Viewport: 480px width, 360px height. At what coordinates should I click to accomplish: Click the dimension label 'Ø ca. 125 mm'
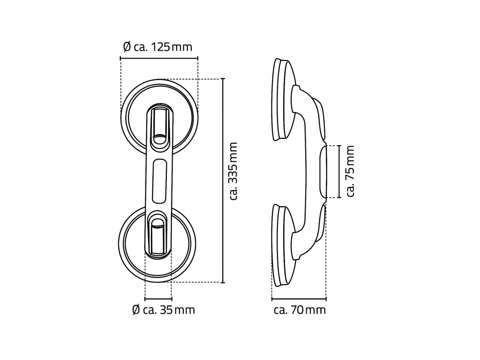[x=157, y=47]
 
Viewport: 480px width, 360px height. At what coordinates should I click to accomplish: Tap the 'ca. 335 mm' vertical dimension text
[x=233, y=171]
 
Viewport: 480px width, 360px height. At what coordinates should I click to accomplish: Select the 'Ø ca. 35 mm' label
[x=164, y=310]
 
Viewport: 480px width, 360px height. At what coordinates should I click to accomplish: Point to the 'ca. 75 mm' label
[x=350, y=171]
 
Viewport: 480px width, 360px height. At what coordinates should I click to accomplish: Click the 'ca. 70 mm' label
[x=300, y=310]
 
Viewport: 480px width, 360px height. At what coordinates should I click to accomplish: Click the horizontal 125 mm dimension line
[x=159, y=58]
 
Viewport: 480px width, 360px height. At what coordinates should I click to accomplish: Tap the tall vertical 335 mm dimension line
[x=223, y=180]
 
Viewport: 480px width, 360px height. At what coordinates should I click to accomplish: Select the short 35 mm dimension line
[x=158, y=299]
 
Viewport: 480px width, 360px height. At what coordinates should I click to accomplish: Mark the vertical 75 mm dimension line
[x=339, y=172]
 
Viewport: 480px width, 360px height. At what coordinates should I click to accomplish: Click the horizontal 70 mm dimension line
[x=299, y=299]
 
